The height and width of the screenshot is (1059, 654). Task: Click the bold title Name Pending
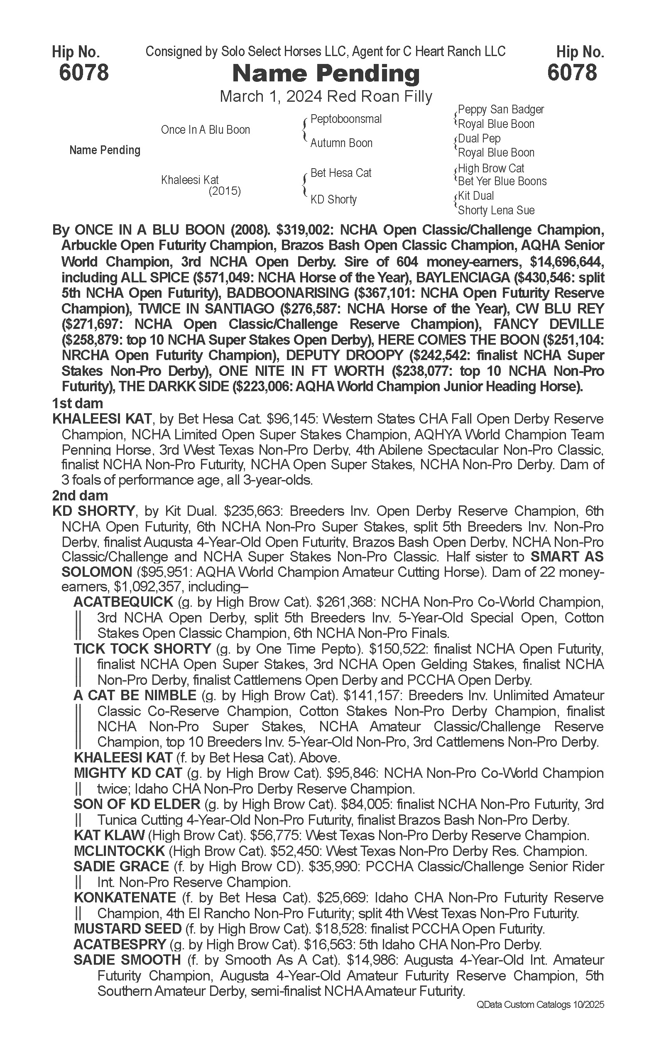pos(326,74)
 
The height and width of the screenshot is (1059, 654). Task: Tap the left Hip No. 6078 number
pos(83,72)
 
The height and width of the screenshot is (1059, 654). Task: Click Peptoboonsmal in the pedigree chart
pos(346,119)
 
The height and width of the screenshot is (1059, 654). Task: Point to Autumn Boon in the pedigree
pos(341,143)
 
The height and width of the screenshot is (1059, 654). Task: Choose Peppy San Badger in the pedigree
pos(500,110)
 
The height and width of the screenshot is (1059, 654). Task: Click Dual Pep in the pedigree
pos(479,138)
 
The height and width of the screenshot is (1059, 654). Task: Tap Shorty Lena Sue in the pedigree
pos(496,210)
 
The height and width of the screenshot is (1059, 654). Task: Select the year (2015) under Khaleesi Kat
pos(225,191)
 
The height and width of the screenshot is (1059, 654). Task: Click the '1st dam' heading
pos(77,403)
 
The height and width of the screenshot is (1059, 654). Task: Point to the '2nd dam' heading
pos(80,495)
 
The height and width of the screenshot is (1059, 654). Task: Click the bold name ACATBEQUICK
pos(123,602)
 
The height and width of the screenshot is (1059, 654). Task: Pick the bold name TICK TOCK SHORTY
pos(142,649)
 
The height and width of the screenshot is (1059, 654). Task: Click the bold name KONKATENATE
pos(125,897)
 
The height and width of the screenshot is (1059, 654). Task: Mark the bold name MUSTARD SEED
pos(127,929)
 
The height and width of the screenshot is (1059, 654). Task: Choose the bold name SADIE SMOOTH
pos(127,960)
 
